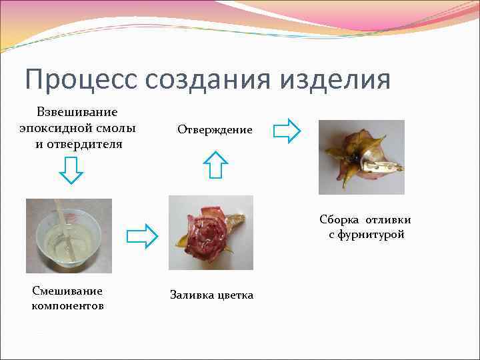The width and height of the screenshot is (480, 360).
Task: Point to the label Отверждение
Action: (215, 129)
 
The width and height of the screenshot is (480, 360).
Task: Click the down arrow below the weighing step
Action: (71, 169)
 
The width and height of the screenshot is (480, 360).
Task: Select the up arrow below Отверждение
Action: (215, 164)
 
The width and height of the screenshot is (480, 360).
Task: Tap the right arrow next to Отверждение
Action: (287, 131)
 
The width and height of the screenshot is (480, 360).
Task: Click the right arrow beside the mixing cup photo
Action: (141, 235)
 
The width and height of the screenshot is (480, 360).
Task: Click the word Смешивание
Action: (67, 291)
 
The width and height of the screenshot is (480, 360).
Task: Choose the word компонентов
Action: (67, 305)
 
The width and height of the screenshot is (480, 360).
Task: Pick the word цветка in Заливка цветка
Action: (234, 295)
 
